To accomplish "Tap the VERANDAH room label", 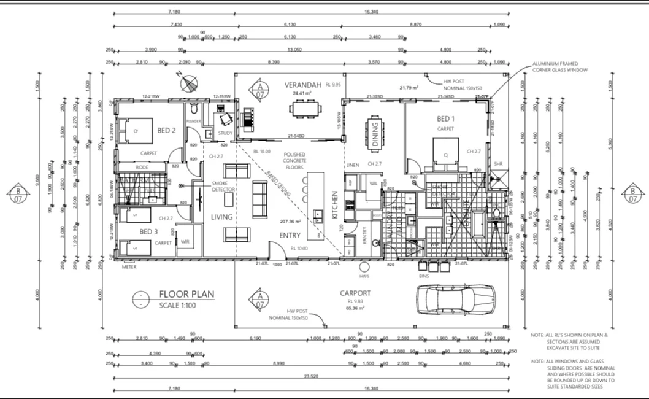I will point(299,83).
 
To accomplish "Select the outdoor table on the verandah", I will point(305,109).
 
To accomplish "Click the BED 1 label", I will point(446,118).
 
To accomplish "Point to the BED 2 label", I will point(167,130).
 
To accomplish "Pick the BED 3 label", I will point(149,231).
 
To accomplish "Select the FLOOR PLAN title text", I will point(186,295).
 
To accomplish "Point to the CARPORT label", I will point(355,293).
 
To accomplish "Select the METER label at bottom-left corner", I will point(129,267).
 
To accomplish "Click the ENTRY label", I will point(290,235).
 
